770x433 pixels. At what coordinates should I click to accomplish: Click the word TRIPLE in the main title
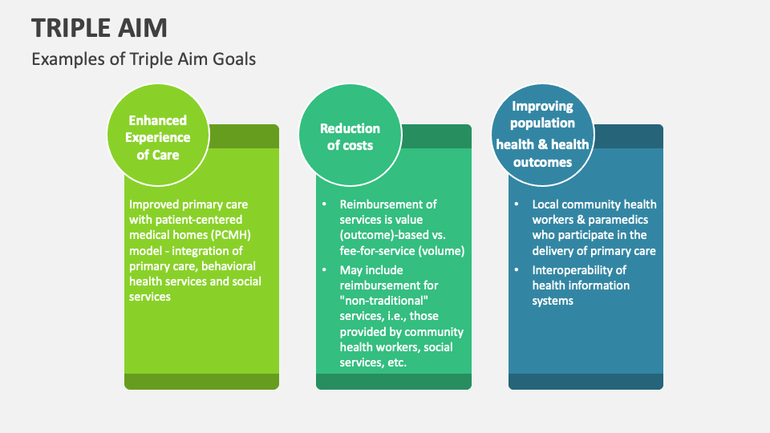(x=67, y=28)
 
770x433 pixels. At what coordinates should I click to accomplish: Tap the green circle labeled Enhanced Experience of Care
(x=158, y=135)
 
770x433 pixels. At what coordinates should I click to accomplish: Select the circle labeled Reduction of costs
(x=351, y=135)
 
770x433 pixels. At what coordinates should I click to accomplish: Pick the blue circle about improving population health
(x=543, y=135)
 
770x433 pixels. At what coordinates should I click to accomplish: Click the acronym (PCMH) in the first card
(x=231, y=235)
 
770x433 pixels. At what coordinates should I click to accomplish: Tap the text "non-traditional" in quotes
(x=384, y=301)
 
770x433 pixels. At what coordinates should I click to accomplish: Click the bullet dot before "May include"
(x=325, y=269)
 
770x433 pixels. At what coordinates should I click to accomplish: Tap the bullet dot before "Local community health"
(x=517, y=204)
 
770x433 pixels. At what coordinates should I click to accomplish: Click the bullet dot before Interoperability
(x=517, y=269)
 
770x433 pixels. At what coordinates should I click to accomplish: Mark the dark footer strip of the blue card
(x=586, y=382)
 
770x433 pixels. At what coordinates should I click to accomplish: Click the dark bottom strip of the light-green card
(x=202, y=382)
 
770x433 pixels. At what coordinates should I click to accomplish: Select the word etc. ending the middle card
(x=397, y=362)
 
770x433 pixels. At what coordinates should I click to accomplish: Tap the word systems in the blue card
(x=553, y=301)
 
